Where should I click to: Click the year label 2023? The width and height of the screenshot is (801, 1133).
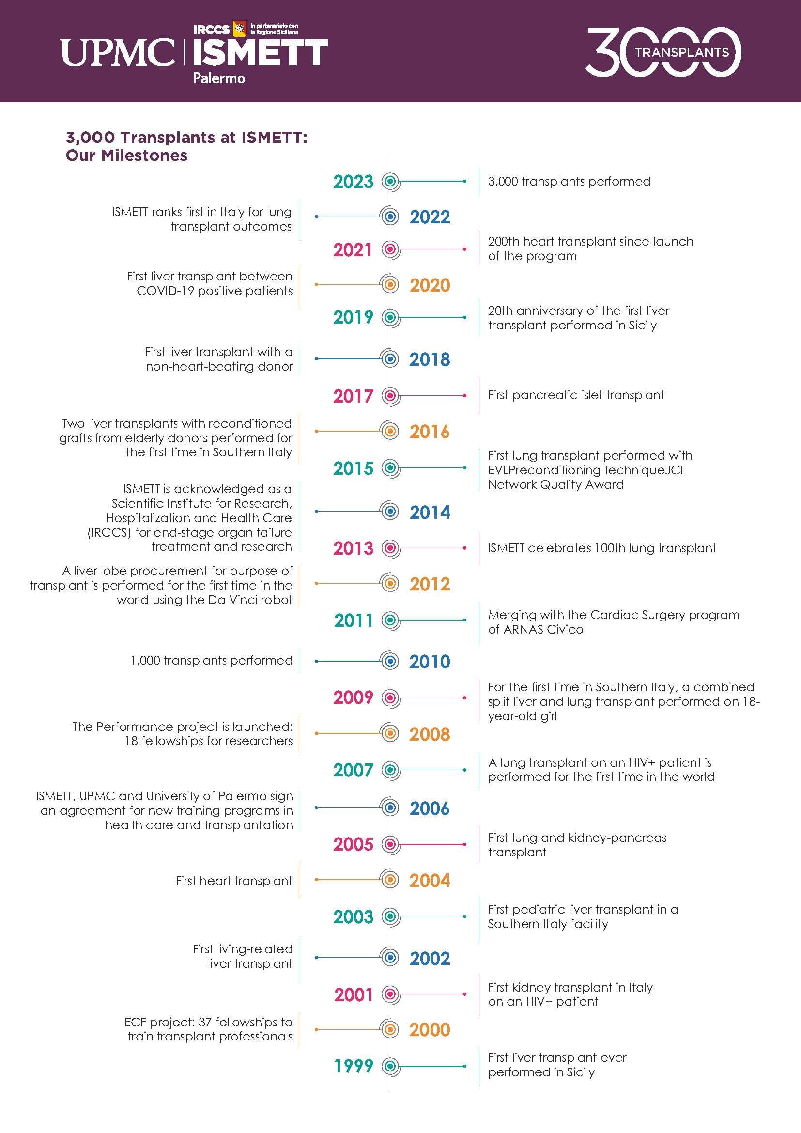pos(353,182)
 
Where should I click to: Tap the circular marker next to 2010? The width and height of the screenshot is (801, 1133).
pos(390,661)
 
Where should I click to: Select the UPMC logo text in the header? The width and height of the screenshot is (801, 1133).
pos(117,53)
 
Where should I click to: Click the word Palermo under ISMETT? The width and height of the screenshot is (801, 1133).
pos(218,78)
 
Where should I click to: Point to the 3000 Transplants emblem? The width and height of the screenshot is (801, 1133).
pos(663,52)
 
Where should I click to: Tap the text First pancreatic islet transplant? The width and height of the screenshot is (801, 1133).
pos(576,395)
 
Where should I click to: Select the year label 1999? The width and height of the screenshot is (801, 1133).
pos(353,1066)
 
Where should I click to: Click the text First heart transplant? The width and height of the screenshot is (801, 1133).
pos(234,881)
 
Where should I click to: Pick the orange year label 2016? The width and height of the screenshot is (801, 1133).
pos(430,432)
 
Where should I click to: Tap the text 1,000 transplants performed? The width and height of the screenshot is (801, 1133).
pos(211,661)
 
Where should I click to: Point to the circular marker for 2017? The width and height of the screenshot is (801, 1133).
pos(390,395)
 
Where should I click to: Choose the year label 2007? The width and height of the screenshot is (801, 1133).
pos(353,770)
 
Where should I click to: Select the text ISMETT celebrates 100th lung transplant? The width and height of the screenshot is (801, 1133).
pos(602,548)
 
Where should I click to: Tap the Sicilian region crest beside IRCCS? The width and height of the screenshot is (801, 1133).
pos(239,29)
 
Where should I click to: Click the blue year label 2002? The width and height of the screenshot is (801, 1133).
pos(430,959)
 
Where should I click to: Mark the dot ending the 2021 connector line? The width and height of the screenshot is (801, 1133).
pos(464,249)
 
